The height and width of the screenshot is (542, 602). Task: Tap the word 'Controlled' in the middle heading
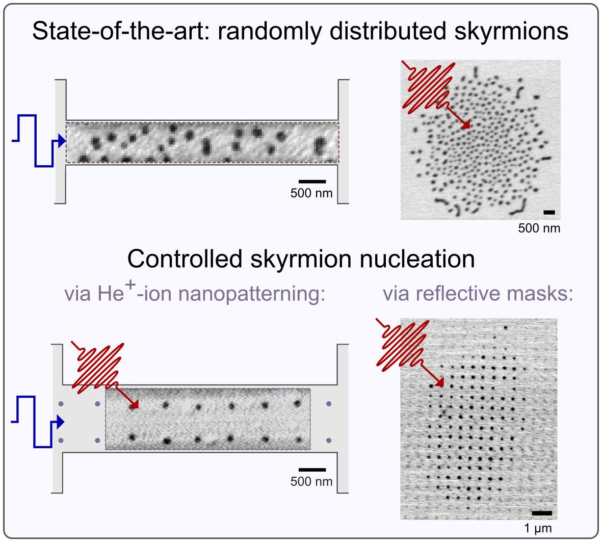point(185,259)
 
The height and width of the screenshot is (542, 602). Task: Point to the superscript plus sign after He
point(132,285)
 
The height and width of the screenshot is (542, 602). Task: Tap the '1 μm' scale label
point(538,528)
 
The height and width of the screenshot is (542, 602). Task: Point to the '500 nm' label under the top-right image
point(539,228)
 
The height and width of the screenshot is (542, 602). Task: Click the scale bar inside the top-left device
point(312,182)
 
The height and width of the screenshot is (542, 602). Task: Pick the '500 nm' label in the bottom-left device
point(311,481)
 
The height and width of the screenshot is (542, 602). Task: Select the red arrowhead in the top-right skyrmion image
point(466,125)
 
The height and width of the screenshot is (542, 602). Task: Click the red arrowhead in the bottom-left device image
point(135,405)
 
